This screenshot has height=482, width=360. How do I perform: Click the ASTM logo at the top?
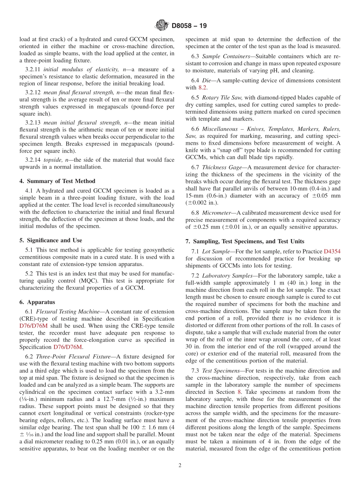click(x=162, y=26)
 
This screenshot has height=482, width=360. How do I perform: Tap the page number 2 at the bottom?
click(x=180, y=465)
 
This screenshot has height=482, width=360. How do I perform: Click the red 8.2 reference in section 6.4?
click(x=203, y=88)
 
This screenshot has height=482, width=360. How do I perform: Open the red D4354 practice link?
click(x=332, y=251)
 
